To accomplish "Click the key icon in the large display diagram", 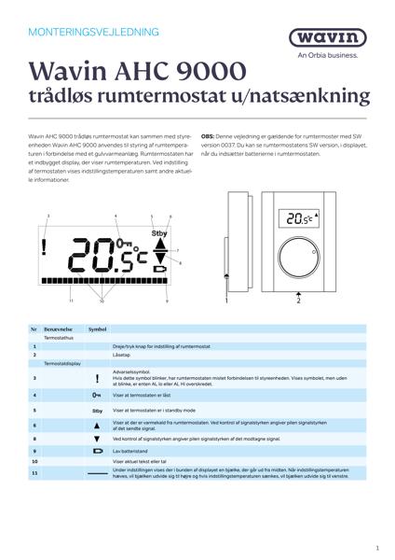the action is coord(126,244).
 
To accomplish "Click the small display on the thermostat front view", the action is coord(297,217).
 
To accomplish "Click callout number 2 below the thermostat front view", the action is coord(298,301).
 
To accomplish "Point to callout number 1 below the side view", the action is coord(226,301).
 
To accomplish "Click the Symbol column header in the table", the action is coord(98,329).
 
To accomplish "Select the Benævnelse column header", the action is coord(60,329).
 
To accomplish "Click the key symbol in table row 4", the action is coord(97,396).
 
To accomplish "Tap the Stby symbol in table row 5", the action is coord(97,410).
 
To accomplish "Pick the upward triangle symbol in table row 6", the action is coord(97,425).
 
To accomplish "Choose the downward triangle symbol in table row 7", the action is coord(97,438).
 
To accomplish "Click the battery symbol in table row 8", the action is coord(97,450).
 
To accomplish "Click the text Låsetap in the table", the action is coord(120,355).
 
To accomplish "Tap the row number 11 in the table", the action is coord(34,473).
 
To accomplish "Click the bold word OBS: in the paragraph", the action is coord(211,136).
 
